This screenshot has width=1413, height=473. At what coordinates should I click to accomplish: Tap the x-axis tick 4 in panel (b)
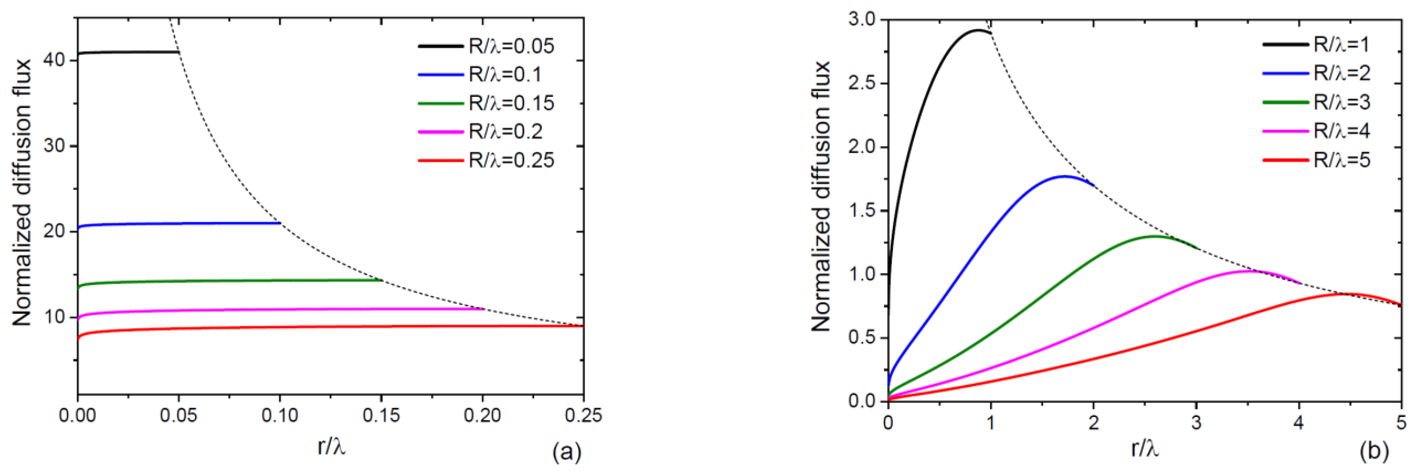click(1299, 423)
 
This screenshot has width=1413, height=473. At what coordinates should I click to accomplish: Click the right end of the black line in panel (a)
click(179, 52)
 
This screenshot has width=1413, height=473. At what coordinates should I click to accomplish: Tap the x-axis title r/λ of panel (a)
click(331, 448)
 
